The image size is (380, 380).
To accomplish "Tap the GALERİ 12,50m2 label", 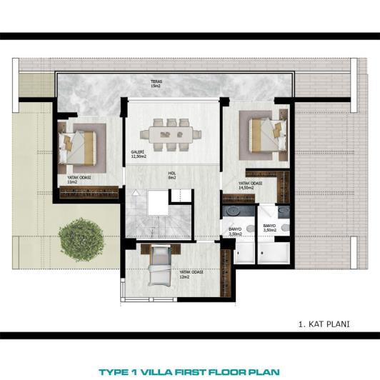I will pyautogui.click(x=138, y=154).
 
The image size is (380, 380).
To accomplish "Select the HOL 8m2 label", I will pyautogui.click(x=171, y=174).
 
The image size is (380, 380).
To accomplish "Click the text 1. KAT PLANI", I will pyautogui.click(x=324, y=324).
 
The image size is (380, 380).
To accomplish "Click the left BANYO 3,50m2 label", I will pyautogui.click(x=235, y=231).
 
